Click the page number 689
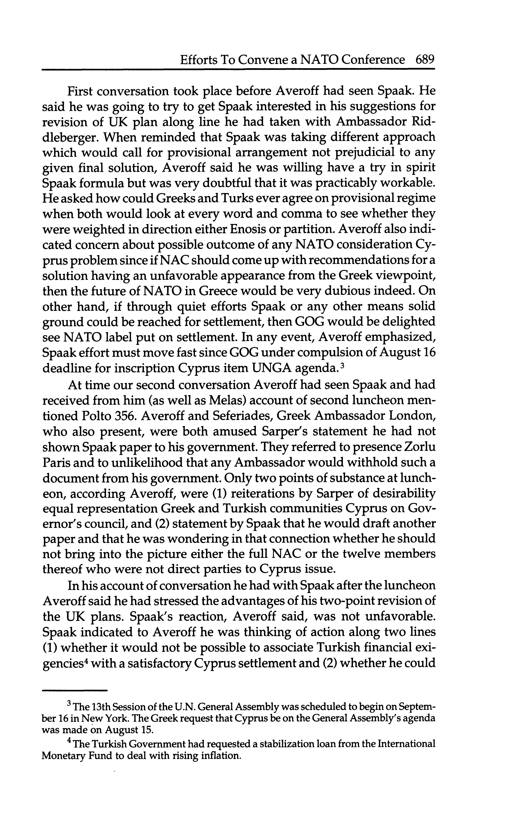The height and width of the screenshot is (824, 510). coord(425,60)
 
